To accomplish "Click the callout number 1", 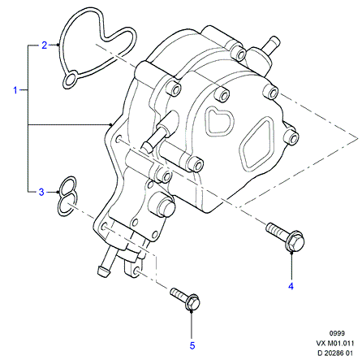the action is tap(15, 90).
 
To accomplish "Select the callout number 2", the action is tap(45, 45).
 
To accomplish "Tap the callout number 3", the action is tap(41, 192).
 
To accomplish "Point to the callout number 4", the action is tap(291, 286).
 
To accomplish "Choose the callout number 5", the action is tap(192, 345).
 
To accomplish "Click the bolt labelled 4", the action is tap(286, 236).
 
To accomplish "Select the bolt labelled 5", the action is tap(185, 298).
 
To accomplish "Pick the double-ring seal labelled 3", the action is tap(67, 196).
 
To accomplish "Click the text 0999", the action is tap(337, 333).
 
